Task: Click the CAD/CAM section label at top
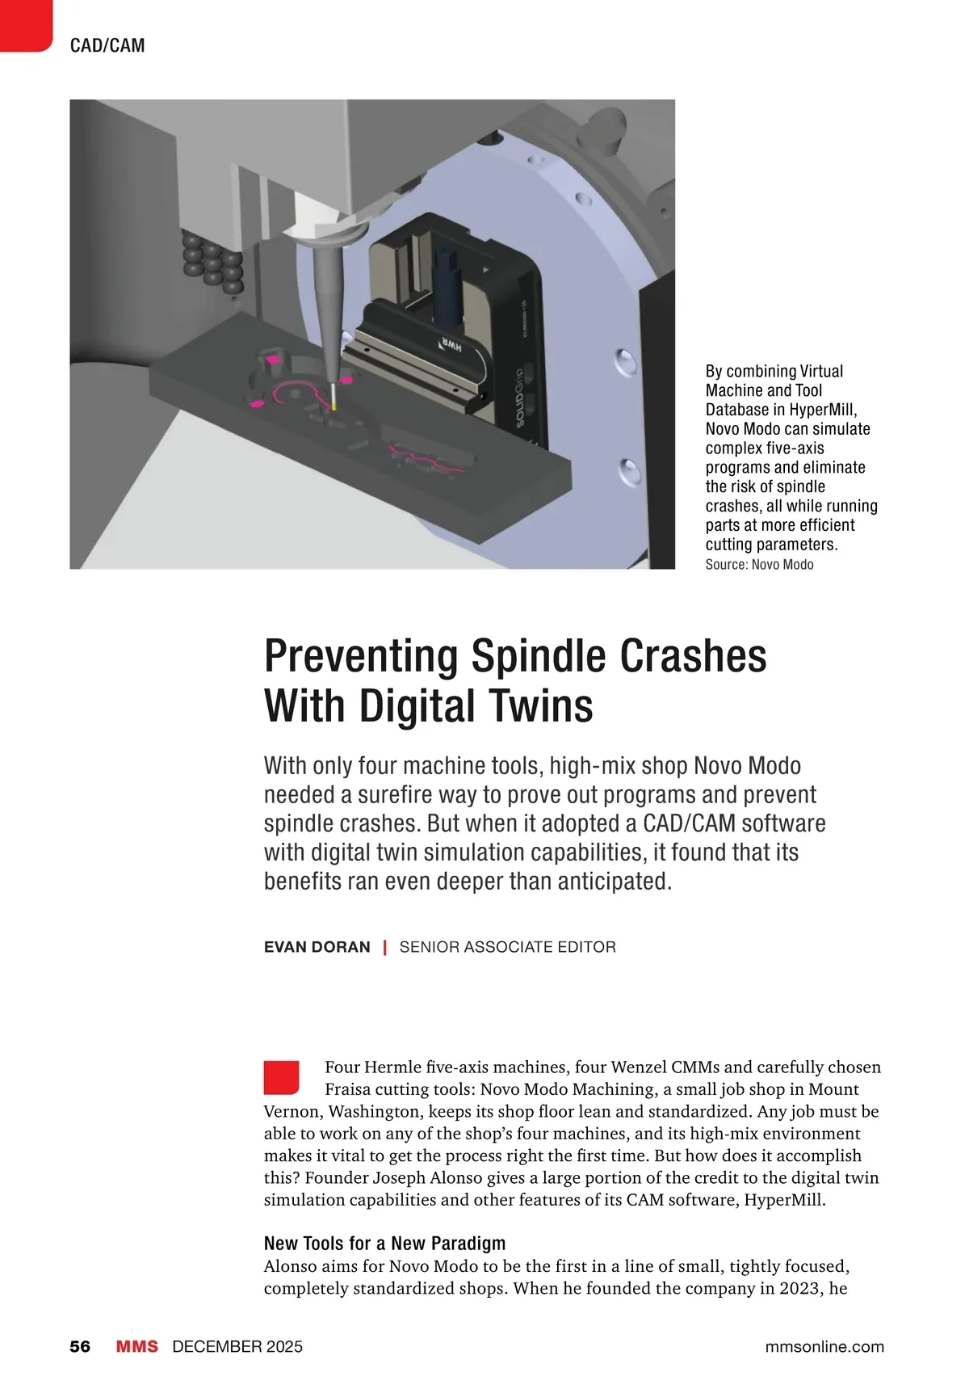coord(107,45)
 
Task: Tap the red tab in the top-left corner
coord(25,25)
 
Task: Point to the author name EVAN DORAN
coord(317,947)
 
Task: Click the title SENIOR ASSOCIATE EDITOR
coord(507,947)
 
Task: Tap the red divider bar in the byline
coord(384,947)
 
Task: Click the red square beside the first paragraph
coord(281,1077)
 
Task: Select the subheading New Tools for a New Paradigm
coord(384,1243)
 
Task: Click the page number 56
coord(80,1346)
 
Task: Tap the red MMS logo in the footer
coord(136,1346)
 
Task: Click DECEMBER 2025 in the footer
coord(237,1346)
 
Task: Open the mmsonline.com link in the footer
coord(824,1346)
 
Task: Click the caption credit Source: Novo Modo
coord(759,565)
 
